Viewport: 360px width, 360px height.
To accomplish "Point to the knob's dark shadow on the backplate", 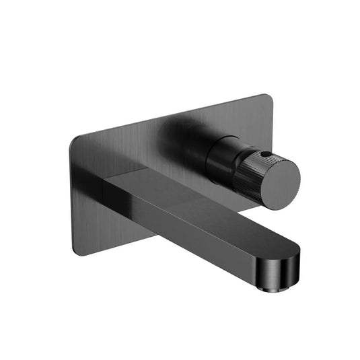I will [x=182, y=135].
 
